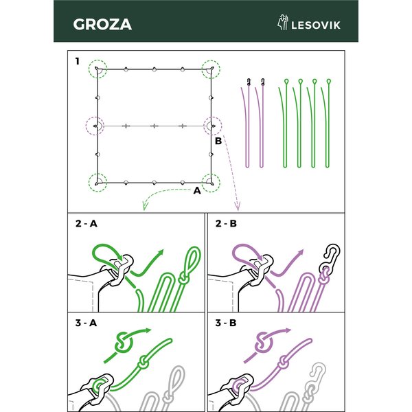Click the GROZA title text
(x=102, y=24)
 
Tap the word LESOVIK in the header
(x=316, y=25)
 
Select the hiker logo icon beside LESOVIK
(x=283, y=22)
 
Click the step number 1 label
(x=77, y=61)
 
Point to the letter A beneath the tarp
(x=197, y=190)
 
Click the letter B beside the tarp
(x=218, y=141)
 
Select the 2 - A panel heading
(x=87, y=224)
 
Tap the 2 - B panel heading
(x=226, y=224)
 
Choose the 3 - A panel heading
(x=87, y=323)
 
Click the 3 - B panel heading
(x=226, y=323)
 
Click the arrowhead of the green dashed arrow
(x=144, y=207)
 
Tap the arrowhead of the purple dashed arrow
(x=238, y=207)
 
